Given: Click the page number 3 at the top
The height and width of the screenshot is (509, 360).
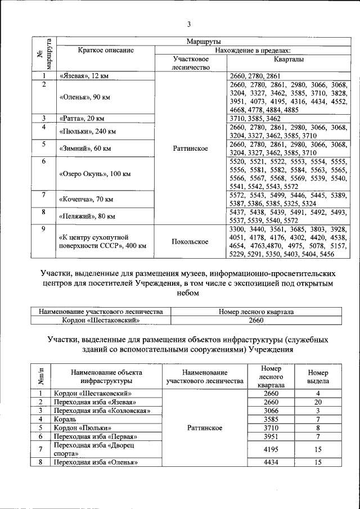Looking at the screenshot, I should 190,24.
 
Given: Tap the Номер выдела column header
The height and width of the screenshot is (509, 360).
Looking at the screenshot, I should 318,377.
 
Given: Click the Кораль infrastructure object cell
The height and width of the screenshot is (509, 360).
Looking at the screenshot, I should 65,420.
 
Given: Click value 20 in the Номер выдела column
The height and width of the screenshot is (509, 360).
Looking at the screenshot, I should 318,402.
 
